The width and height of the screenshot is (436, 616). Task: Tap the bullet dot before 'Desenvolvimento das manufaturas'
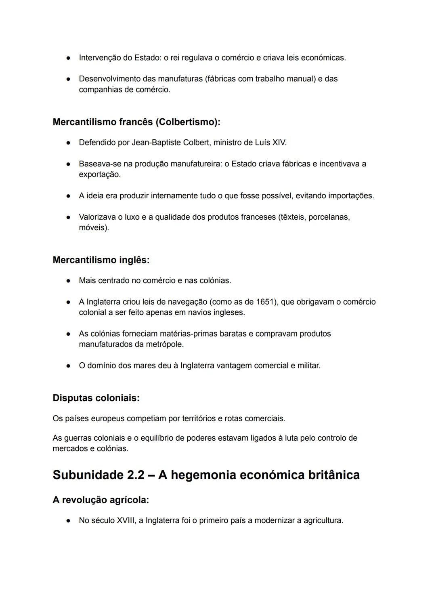point(69,79)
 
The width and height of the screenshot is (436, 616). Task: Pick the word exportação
point(99,174)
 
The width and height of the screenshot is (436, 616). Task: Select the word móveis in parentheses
point(92,228)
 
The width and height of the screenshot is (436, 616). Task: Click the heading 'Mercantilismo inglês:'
point(101,260)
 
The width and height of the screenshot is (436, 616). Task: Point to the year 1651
point(266,302)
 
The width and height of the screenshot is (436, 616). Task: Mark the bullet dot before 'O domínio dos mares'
point(69,366)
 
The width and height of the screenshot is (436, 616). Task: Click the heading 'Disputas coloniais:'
point(96,398)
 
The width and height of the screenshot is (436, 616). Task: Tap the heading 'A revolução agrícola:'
point(101,500)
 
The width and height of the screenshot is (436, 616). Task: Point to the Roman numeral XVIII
point(126,521)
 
